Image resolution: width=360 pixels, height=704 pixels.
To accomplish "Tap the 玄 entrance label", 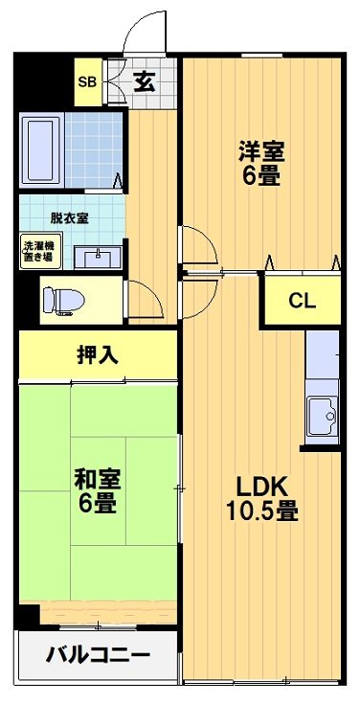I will (144, 81).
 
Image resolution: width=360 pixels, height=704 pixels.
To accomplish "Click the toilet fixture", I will (61, 299).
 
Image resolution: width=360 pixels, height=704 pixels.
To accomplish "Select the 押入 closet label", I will (97, 353).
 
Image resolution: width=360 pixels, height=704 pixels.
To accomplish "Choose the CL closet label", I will (303, 300).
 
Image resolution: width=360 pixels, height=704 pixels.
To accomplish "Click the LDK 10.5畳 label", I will (261, 496).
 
